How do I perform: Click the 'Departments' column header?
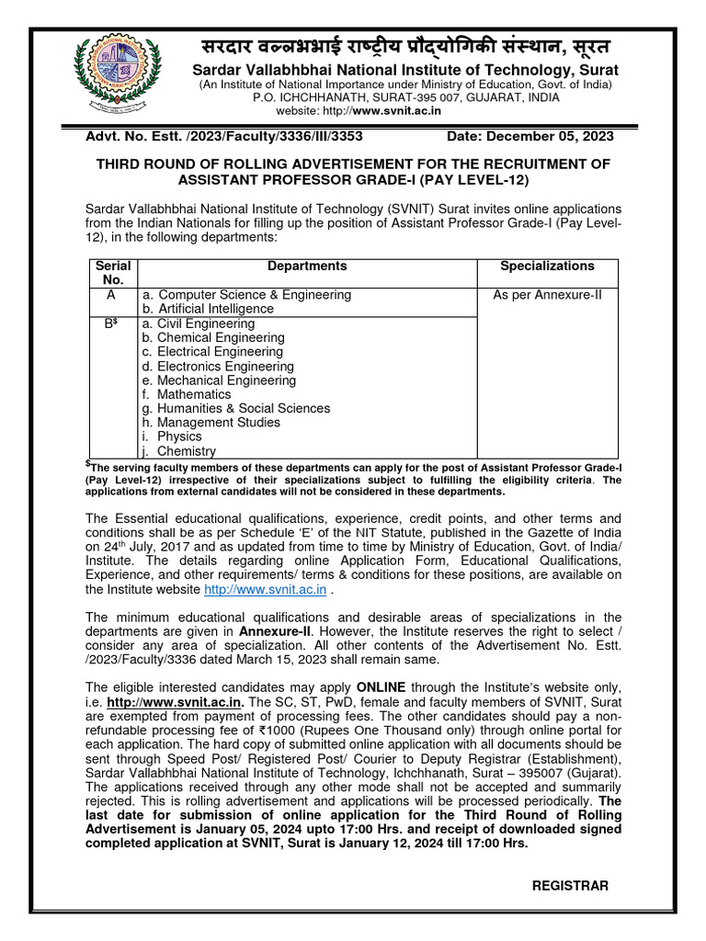pos(307,266)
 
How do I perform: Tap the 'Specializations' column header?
pos(547,266)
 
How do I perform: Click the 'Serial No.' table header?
pos(112,273)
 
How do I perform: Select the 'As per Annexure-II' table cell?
pos(547,295)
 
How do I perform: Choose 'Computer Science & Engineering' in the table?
pos(246,295)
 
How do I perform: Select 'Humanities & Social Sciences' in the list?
pos(236,408)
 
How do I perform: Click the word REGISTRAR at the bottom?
pos(570,885)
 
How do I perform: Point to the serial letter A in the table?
pos(112,295)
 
